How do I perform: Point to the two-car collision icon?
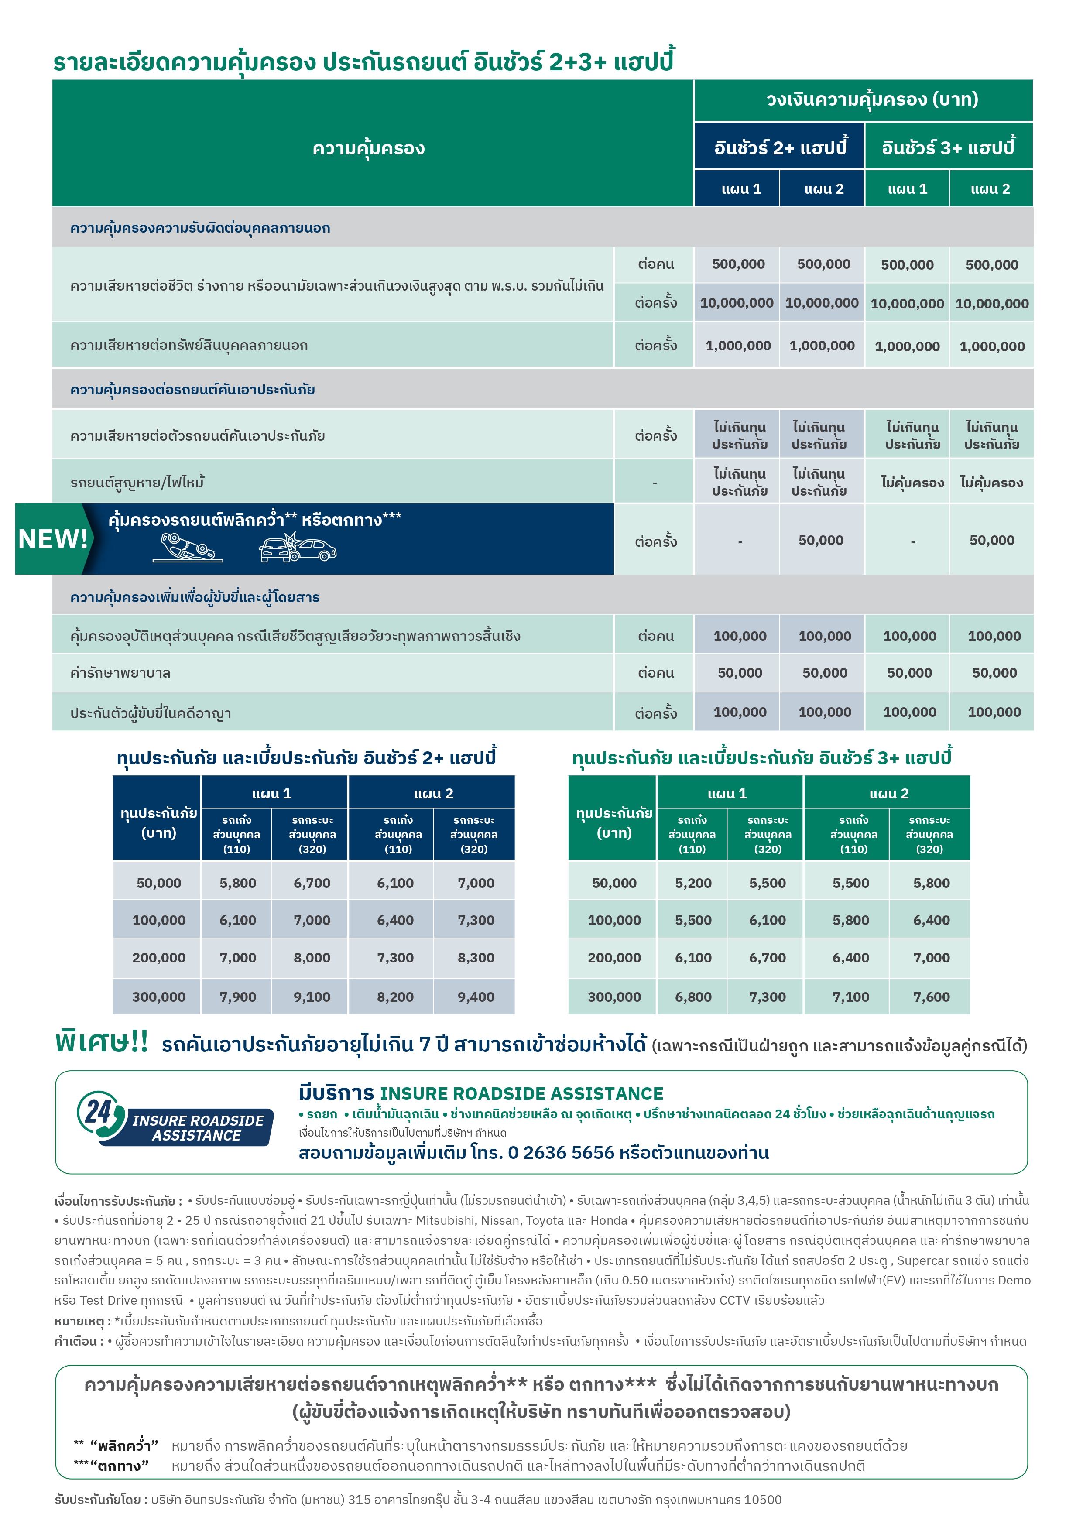point(298,548)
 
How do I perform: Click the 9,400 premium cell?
point(476,997)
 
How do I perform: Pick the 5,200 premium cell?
point(693,883)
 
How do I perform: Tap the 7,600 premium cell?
point(931,997)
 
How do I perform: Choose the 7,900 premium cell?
point(237,997)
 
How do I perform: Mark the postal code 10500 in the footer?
point(762,1500)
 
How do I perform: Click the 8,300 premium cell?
point(476,958)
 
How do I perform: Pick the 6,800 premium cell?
point(693,997)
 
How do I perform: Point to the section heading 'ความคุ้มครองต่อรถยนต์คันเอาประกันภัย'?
point(193,390)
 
